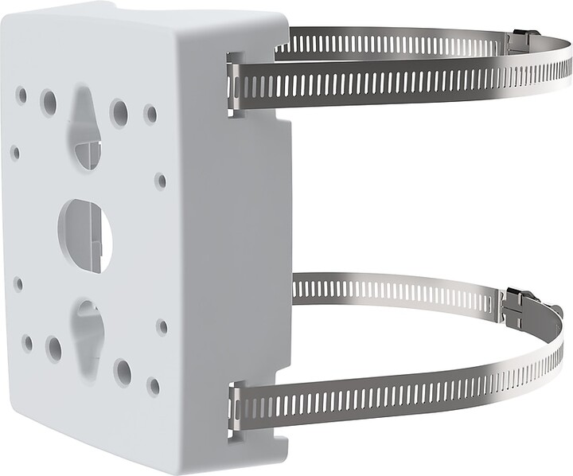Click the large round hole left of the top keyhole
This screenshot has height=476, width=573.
(49, 102)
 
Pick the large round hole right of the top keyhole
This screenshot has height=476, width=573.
(119, 112)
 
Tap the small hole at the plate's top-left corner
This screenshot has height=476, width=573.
(21, 96)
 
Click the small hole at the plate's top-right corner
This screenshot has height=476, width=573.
(150, 114)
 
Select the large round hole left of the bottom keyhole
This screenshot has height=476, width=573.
(53, 349)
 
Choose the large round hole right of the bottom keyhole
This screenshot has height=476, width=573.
(123, 370)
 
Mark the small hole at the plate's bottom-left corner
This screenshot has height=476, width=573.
(27, 343)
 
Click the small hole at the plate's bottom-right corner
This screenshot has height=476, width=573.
(153, 386)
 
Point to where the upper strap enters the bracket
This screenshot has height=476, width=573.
(235, 84)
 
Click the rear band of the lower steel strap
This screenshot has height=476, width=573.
(398, 290)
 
